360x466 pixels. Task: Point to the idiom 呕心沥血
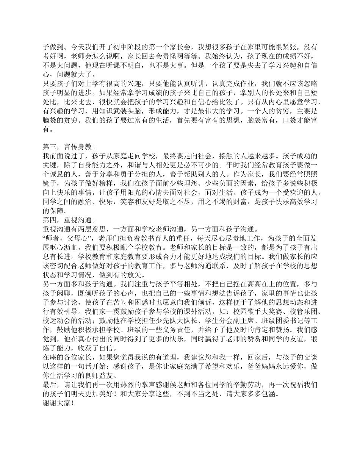click(61, 247)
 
